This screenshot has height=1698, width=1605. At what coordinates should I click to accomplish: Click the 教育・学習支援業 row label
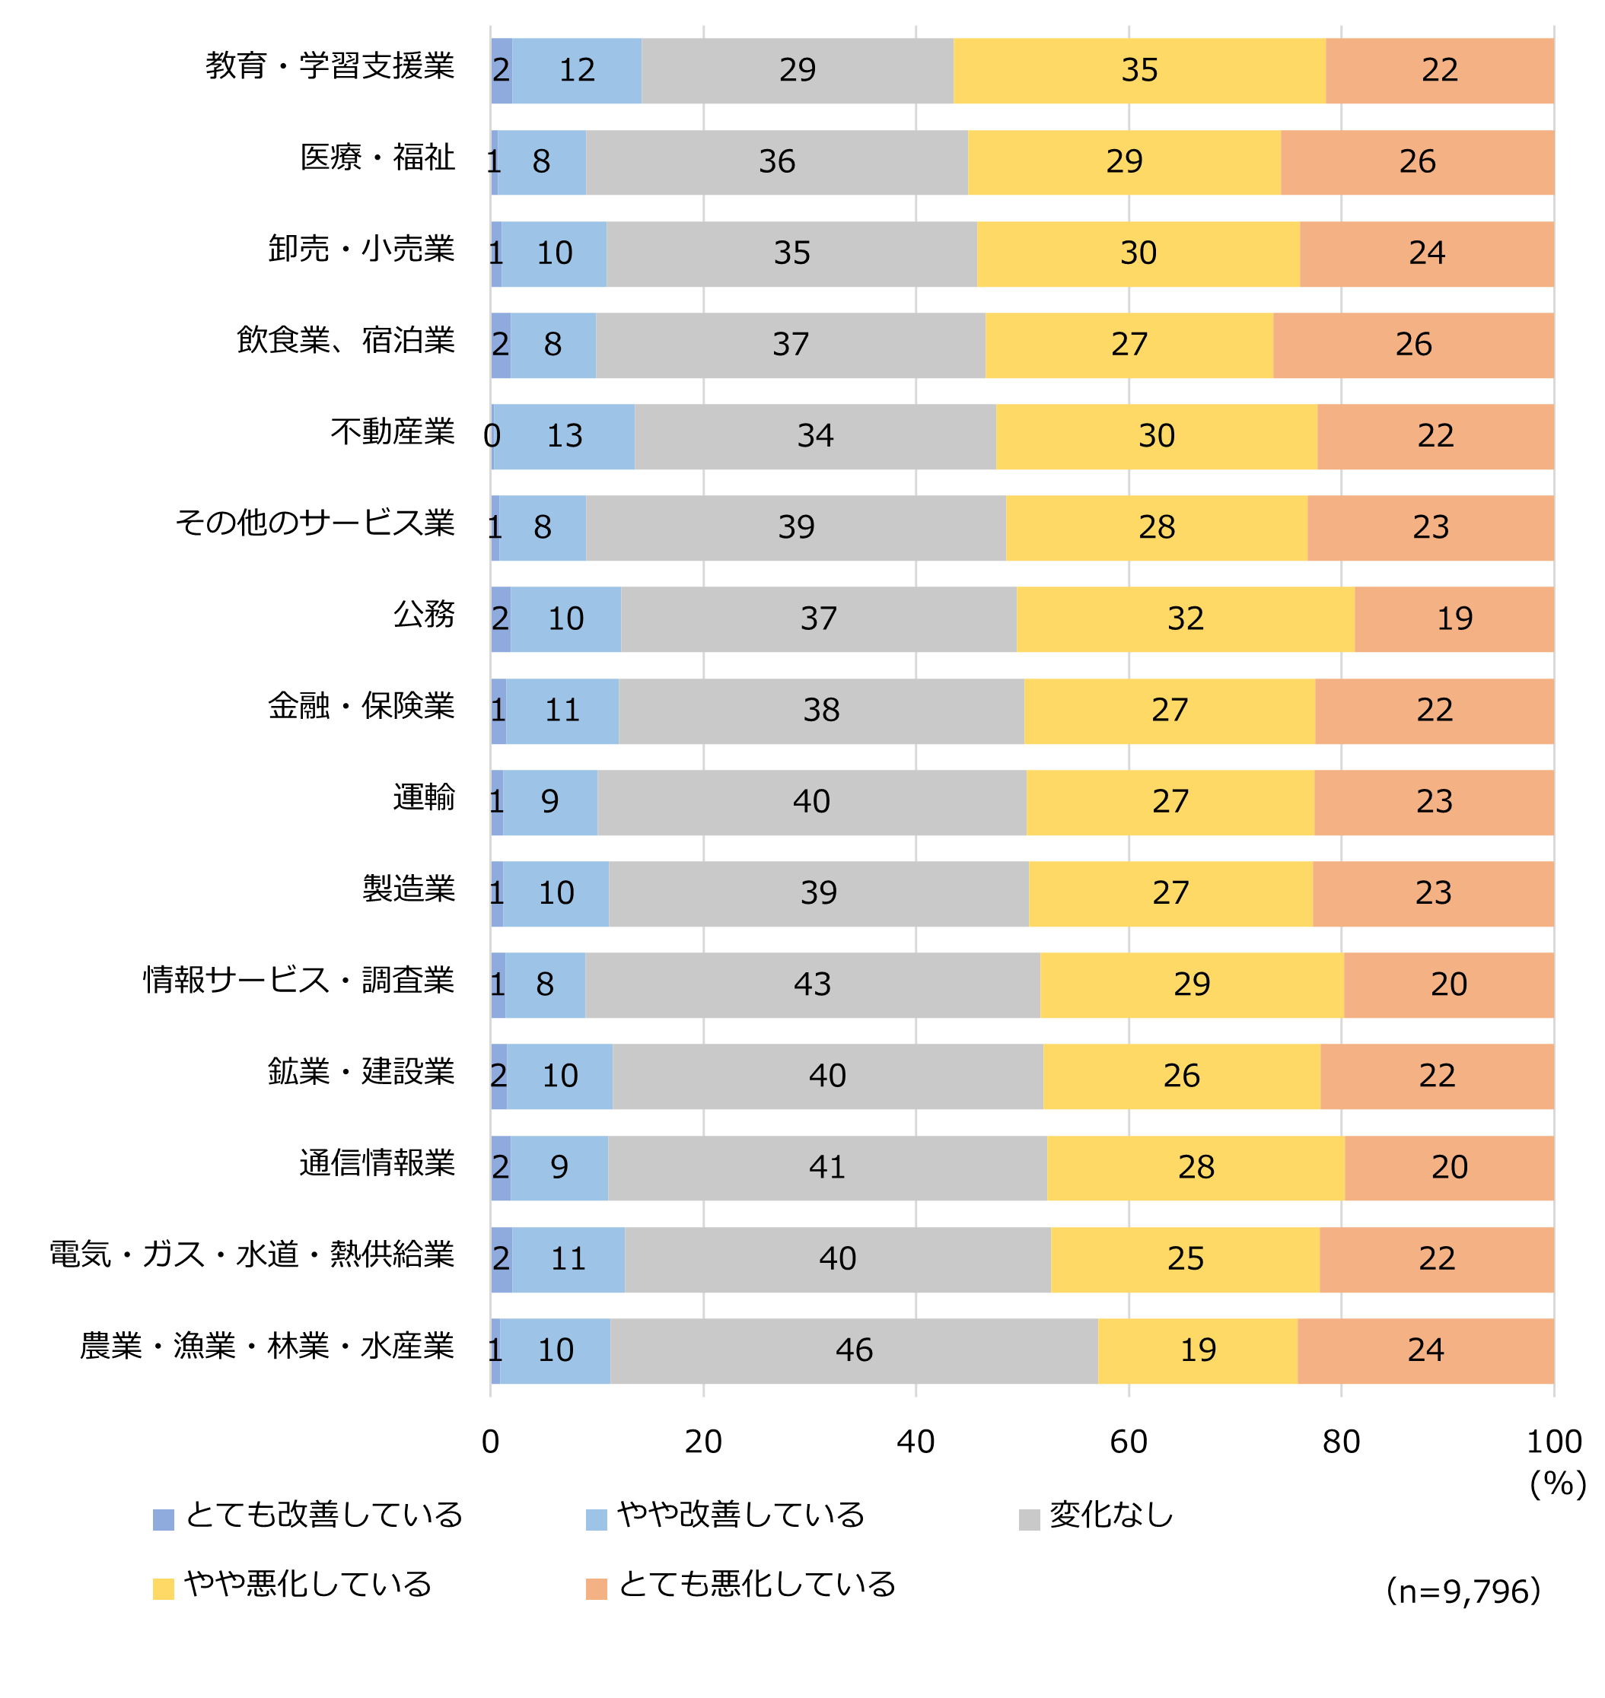330,66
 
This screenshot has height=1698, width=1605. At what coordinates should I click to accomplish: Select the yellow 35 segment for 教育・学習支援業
1138,70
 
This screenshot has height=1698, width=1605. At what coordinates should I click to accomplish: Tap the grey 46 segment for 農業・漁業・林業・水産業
853,1350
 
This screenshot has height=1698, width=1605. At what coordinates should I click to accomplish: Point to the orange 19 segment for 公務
1454,618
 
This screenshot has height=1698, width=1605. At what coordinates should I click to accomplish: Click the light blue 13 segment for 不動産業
564,436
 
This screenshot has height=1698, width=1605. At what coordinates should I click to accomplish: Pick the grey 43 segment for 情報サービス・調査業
812,984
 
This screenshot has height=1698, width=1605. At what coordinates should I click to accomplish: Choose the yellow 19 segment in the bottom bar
1197,1350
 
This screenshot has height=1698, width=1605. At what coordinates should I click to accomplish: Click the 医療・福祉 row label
377,157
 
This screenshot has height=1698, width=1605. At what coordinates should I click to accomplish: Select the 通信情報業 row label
377,1163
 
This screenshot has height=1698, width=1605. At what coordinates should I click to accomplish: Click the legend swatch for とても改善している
164,1519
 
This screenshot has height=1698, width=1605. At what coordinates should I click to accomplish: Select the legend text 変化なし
1111,1515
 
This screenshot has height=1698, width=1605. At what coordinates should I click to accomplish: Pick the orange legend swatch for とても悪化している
597,1588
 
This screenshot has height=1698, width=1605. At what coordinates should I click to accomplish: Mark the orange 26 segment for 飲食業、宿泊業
1413,345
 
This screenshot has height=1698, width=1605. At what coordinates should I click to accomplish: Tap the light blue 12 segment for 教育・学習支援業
577,70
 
